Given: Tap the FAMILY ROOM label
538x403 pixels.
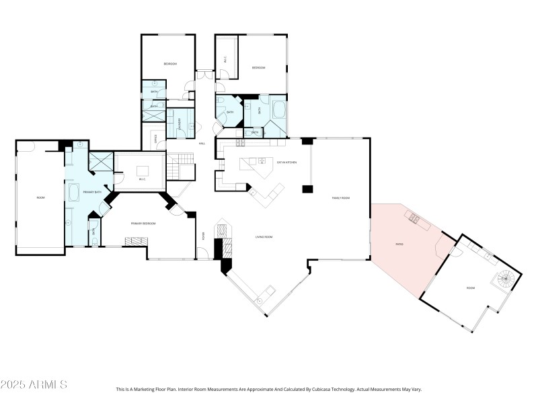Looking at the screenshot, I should (x=341, y=198).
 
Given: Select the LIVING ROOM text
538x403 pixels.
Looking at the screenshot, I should (x=263, y=236).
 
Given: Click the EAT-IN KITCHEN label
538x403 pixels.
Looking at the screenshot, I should (x=287, y=162).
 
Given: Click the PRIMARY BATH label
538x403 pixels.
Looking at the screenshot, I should (x=91, y=193).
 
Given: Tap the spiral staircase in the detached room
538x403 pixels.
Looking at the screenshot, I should (x=508, y=277).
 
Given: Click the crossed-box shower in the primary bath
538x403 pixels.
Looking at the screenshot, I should (x=102, y=162).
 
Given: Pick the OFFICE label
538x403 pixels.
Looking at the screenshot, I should (x=155, y=139).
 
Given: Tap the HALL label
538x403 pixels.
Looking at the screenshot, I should (x=202, y=144).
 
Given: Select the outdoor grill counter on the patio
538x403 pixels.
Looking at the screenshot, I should (x=413, y=218).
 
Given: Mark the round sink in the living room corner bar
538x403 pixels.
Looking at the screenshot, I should (x=260, y=302).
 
